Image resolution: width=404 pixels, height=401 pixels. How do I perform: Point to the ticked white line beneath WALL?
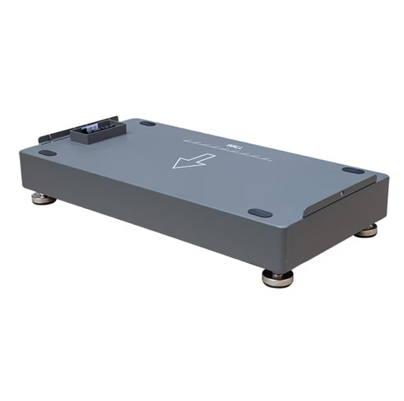click(x=228, y=151)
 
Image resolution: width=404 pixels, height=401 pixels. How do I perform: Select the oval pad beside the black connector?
click(x=147, y=123)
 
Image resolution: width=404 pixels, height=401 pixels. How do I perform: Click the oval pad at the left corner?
click(x=48, y=152)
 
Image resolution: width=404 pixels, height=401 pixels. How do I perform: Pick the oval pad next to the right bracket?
click(x=353, y=171)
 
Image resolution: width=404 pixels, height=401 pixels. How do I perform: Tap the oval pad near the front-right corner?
click(x=259, y=213)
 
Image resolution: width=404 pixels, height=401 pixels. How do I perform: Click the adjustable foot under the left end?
click(x=43, y=199)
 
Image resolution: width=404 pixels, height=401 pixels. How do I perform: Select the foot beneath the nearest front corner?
click(x=277, y=279)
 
